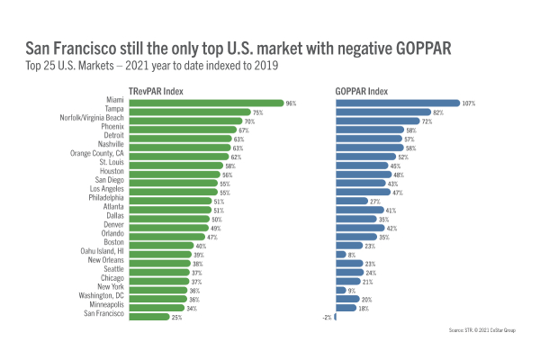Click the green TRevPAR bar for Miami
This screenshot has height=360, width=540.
[x=206, y=103]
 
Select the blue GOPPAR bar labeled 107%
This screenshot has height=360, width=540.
[x=397, y=103]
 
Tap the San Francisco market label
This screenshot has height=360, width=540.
[x=103, y=315]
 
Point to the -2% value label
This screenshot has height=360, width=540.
[x=327, y=316]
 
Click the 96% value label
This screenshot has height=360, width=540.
[x=291, y=103]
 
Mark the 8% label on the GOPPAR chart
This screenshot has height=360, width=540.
[x=352, y=255]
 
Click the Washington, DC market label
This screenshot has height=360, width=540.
[x=100, y=298]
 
